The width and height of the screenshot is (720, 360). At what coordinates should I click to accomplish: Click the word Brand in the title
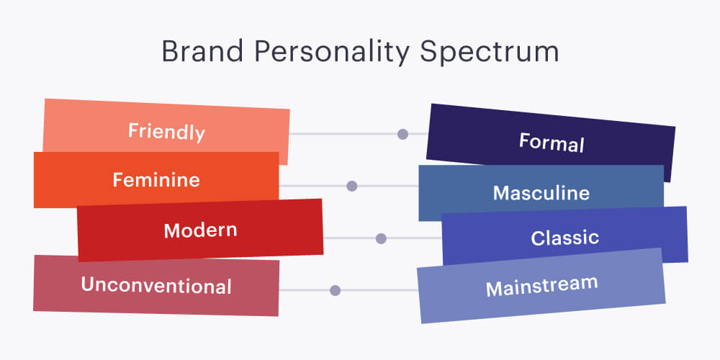click(202, 51)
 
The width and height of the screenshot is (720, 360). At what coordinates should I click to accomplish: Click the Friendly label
click(166, 132)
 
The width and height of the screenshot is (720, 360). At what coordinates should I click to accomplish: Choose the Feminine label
click(156, 179)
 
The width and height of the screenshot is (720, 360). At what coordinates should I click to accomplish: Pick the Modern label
click(200, 230)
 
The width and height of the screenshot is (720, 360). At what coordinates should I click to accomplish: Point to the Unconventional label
click(156, 286)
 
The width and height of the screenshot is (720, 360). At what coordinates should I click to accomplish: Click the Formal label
click(552, 143)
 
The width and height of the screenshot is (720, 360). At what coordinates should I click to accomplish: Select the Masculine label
click(541, 193)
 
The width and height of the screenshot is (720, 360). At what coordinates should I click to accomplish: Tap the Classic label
click(564, 238)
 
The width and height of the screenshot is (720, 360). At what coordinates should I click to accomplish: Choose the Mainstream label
click(542, 286)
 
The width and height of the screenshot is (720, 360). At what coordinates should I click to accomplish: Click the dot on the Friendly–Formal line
click(402, 134)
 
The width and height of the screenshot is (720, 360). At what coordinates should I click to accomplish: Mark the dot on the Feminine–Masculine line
click(352, 186)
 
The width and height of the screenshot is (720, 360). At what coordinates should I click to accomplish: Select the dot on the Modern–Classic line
click(381, 238)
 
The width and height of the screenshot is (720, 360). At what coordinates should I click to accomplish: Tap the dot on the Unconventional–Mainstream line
click(336, 290)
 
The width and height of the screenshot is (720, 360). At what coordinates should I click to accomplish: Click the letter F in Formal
click(524, 140)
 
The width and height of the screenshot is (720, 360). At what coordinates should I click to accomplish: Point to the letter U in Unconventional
click(87, 284)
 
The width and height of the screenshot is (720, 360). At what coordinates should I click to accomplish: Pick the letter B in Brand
click(170, 51)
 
